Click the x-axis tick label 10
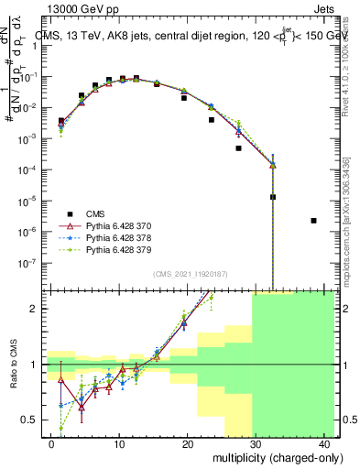(119, 443)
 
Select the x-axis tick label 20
(188, 443)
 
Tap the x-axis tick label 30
(256, 443)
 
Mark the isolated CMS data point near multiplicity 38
(314, 221)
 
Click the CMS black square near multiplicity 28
(238, 147)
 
